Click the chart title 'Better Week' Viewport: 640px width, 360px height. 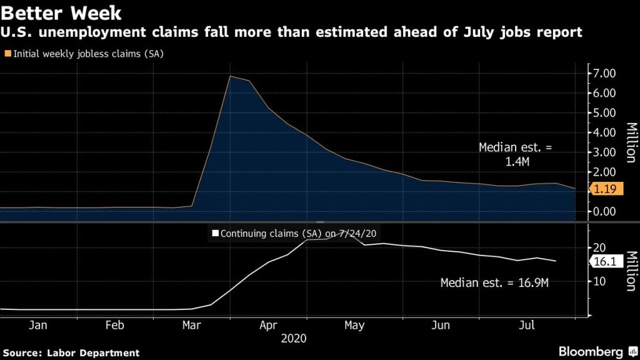click(61, 12)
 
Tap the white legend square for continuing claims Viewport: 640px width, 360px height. click(216, 233)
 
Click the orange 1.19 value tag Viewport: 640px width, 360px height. click(604, 191)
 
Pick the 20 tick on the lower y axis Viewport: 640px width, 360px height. click(599, 247)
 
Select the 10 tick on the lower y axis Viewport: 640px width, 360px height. click(599, 281)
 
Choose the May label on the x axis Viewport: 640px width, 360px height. click(354, 326)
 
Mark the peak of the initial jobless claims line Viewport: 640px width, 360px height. click(231, 76)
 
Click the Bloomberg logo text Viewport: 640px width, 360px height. click(591, 351)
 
